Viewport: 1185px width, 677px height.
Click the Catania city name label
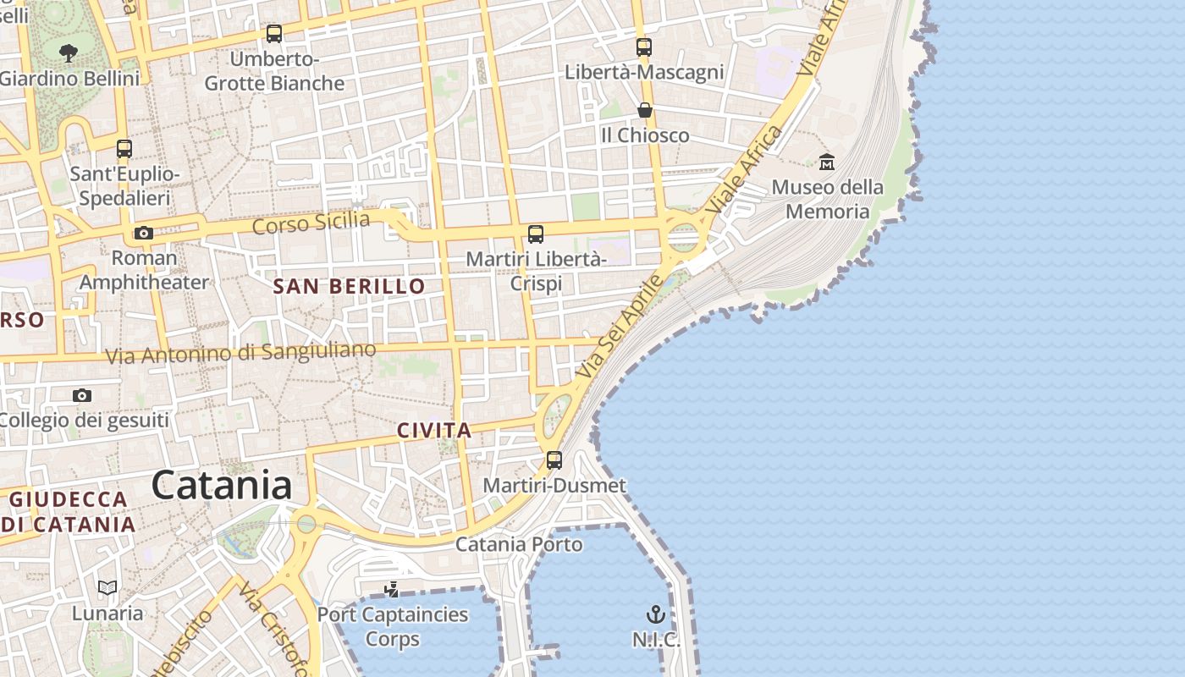click(x=222, y=485)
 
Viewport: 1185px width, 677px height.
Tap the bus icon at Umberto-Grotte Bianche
click(x=274, y=34)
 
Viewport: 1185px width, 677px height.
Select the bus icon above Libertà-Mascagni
click(x=644, y=47)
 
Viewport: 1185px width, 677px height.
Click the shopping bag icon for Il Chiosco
click(x=645, y=111)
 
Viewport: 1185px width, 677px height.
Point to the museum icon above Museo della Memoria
click(x=827, y=162)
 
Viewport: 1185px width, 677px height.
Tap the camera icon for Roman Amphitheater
click(x=144, y=233)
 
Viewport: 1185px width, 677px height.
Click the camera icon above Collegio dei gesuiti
click(x=82, y=395)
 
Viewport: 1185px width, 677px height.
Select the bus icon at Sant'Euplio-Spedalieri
click(x=124, y=149)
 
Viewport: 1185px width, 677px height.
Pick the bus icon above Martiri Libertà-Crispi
click(x=536, y=234)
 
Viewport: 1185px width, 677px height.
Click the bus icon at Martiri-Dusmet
click(x=554, y=460)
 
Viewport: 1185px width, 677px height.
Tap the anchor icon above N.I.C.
click(x=656, y=614)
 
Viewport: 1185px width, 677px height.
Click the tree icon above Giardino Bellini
click(x=69, y=53)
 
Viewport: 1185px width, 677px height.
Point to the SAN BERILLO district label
click(x=349, y=286)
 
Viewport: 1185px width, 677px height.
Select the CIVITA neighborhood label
click(x=434, y=430)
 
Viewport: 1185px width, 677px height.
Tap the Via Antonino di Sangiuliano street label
click(x=240, y=353)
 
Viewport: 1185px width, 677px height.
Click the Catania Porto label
click(x=519, y=544)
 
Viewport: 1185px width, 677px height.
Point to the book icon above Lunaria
click(x=107, y=587)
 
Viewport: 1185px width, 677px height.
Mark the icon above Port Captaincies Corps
click(x=391, y=589)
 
